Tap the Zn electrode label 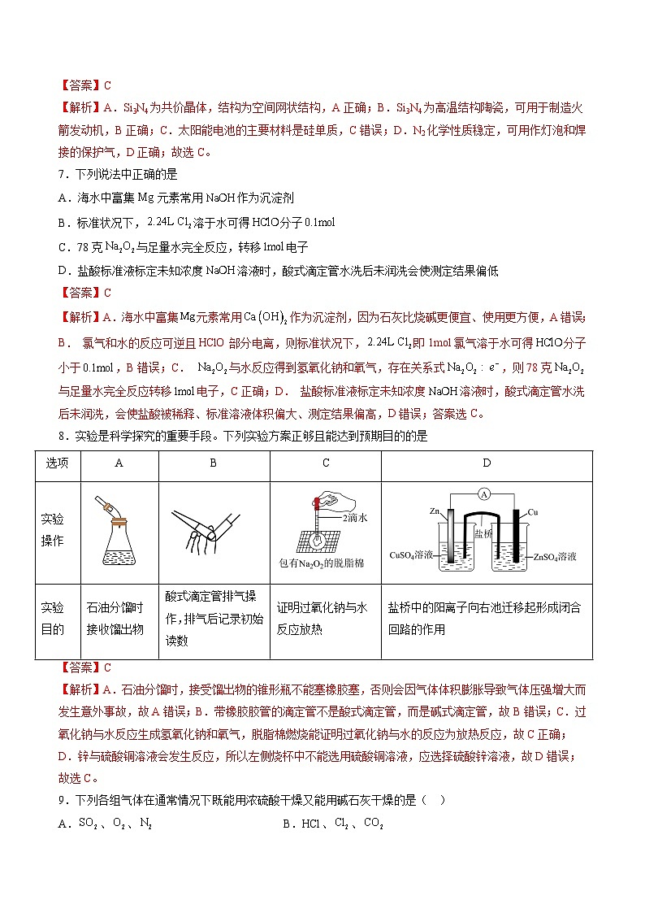[x=435, y=511]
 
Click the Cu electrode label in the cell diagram [x=533, y=512]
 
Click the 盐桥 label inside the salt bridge [x=483, y=533]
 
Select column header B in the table [x=213, y=463]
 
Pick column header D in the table [x=486, y=463]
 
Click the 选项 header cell [x=57, y=463]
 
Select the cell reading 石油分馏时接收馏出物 [x=115, y=618]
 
